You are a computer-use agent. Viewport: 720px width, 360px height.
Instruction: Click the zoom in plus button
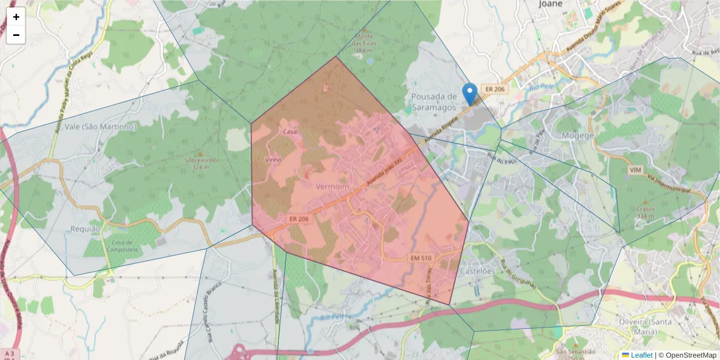[16, 17]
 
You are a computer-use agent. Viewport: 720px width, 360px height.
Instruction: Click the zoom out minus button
[16, 35]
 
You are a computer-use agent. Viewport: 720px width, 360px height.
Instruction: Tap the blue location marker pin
[470, 94]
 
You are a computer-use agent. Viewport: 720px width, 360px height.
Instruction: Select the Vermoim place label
[332, 186]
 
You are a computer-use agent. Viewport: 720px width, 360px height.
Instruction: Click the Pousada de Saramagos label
[434, 102]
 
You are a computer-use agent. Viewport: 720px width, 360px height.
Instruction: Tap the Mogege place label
[577, 136]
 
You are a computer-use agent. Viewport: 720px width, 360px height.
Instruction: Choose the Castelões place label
[477, 271]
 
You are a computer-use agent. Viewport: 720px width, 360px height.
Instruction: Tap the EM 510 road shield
[421, 258]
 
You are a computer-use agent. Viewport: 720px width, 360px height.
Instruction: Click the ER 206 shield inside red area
[298, 219]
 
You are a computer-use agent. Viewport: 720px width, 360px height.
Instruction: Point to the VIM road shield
[635, 170]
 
